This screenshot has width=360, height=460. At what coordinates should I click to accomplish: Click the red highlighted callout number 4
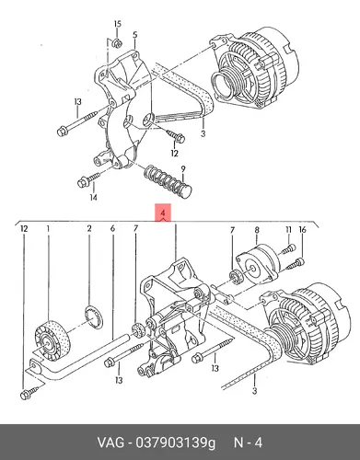pos(163,213)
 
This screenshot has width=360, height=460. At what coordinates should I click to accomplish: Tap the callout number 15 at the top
pos(118,24)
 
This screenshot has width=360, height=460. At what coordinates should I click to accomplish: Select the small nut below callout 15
pos(117,43)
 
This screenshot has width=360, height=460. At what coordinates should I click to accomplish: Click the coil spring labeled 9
pos(168,181)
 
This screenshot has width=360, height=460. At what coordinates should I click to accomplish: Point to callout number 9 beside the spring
pos(183,169)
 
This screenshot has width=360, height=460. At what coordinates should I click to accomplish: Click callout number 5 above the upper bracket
pos(135,35)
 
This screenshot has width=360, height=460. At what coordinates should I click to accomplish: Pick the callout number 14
pos(94,197)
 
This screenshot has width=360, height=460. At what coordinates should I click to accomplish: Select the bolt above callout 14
pos(89,179)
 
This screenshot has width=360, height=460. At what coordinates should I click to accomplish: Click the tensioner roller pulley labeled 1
pos(52,339)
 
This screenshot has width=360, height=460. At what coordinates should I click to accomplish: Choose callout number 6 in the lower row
pos(112,228)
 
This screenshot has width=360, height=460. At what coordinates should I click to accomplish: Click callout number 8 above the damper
pos(257,230)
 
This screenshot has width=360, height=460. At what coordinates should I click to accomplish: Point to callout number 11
pos(288,229)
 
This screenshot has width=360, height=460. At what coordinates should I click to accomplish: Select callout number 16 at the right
pos(303,229)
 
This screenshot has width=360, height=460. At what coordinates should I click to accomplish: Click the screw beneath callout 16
pos(296,264)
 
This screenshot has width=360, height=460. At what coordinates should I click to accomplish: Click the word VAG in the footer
pos(110,443)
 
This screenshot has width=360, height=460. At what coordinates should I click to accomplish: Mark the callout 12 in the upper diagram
pos(174,154)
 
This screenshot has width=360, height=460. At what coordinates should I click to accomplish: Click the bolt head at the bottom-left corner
pos(25,395)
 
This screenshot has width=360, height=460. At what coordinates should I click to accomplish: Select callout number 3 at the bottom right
pos(254,391)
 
